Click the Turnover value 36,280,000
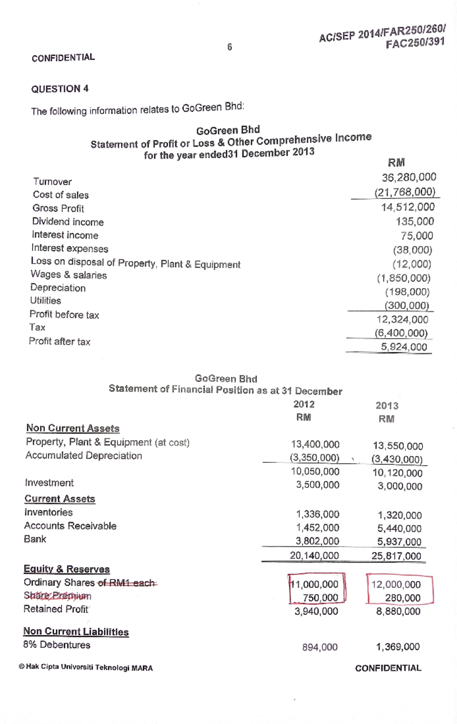(x=409, y=177)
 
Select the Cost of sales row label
(x=61, y=195)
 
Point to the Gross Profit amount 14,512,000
(x=407, y=207)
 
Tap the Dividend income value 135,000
(x=414, y=222)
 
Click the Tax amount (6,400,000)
(x=401, y=333)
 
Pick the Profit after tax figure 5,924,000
(x=404, y=347)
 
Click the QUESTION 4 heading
(x=60, y=89)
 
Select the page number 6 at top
(x=230, y=47)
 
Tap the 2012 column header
(x=304, y=404)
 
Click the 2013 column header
(x=387, y=406)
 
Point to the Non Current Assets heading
(x=73, y=428)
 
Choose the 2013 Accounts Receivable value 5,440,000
(x=399, y=528)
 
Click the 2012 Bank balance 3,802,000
(x=317, y=541)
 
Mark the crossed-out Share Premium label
(x=58, y=596)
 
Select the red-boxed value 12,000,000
(x=396, y=585)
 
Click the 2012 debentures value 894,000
(x=320, y=647)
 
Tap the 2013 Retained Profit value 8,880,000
(x=398, y=611)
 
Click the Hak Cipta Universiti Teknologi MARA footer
(x=86, y=668)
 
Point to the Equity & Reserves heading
(x=67, y=569)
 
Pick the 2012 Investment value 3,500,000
(x=317, y=485)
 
